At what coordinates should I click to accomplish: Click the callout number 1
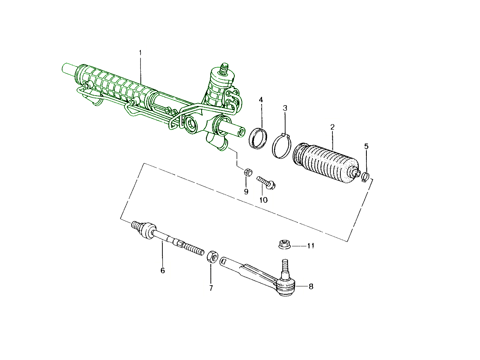pos(140,53)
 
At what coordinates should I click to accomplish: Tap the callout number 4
pos(261,100)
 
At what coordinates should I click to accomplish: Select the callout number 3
pos(285,108)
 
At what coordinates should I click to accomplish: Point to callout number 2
pos(332,127)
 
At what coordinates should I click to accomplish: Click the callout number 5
pos(366,146)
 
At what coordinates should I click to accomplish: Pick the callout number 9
pos(246,192)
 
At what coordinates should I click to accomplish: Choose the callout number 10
pos(264,200)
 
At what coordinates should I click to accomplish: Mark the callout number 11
pos(311,246)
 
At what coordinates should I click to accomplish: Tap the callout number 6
pos(162,271)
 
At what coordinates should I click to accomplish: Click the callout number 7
pos(211,288)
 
